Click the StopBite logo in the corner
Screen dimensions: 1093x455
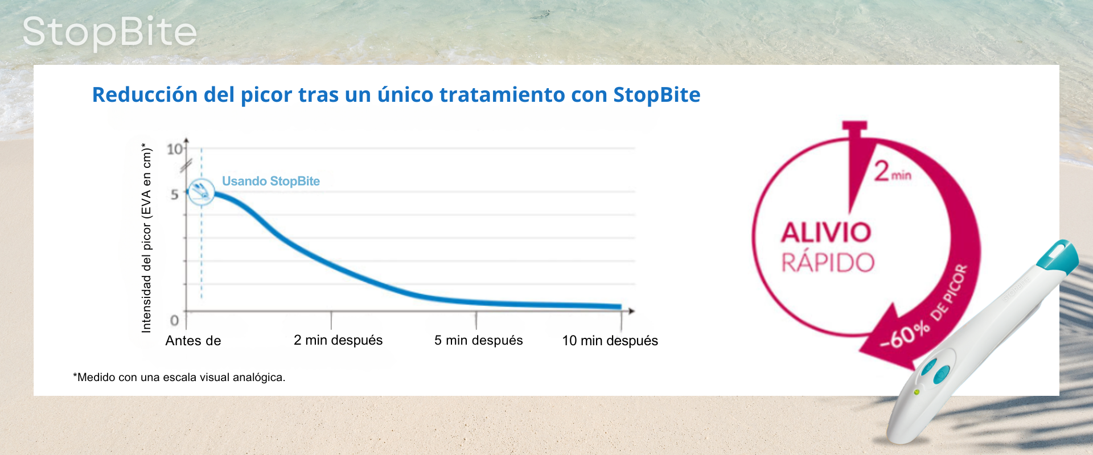click(x=109, y=32)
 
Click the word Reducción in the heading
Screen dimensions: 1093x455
click(x=145, y=95)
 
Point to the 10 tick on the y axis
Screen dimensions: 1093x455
click(x=175, y=149)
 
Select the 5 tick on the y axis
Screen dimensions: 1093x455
click(x=175, y=195)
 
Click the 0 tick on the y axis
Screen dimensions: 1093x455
click(x=175, y=321)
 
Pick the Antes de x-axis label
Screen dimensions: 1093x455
click(x=193, y=341)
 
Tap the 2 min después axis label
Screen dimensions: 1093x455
click(x=338, y=340)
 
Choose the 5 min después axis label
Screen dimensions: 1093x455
click(x=478, y=340)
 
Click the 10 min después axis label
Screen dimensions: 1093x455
click(x=610, y=341)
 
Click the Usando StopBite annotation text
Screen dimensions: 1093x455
click(x=271, y=181)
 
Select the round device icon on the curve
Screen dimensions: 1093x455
click(x=201, y=192)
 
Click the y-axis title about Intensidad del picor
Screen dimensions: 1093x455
click(x=146, y=238)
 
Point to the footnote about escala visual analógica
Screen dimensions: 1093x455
click(x=179, y=377)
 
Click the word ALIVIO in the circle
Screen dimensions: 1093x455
click(x=826, y=233)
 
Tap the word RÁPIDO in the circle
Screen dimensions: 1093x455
click(x=828, y=262)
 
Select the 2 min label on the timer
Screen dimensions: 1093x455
click(x=893, y=171)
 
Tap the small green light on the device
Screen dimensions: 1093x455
click(x=917, y=392)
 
